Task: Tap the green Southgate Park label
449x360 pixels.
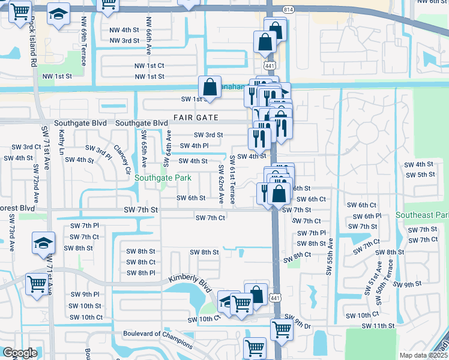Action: click(x=163, y=178)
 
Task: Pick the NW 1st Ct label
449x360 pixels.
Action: click(x=149, y=65)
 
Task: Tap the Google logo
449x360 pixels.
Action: click(x=20, y=353)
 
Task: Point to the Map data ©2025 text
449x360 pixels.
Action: click(x=424, y=355)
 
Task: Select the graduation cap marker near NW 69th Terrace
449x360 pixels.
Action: click(x=58, y=16)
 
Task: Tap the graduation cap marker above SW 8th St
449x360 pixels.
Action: click(x=43, y=243)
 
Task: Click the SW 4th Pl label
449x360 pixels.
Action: click(x=194, y=146)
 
